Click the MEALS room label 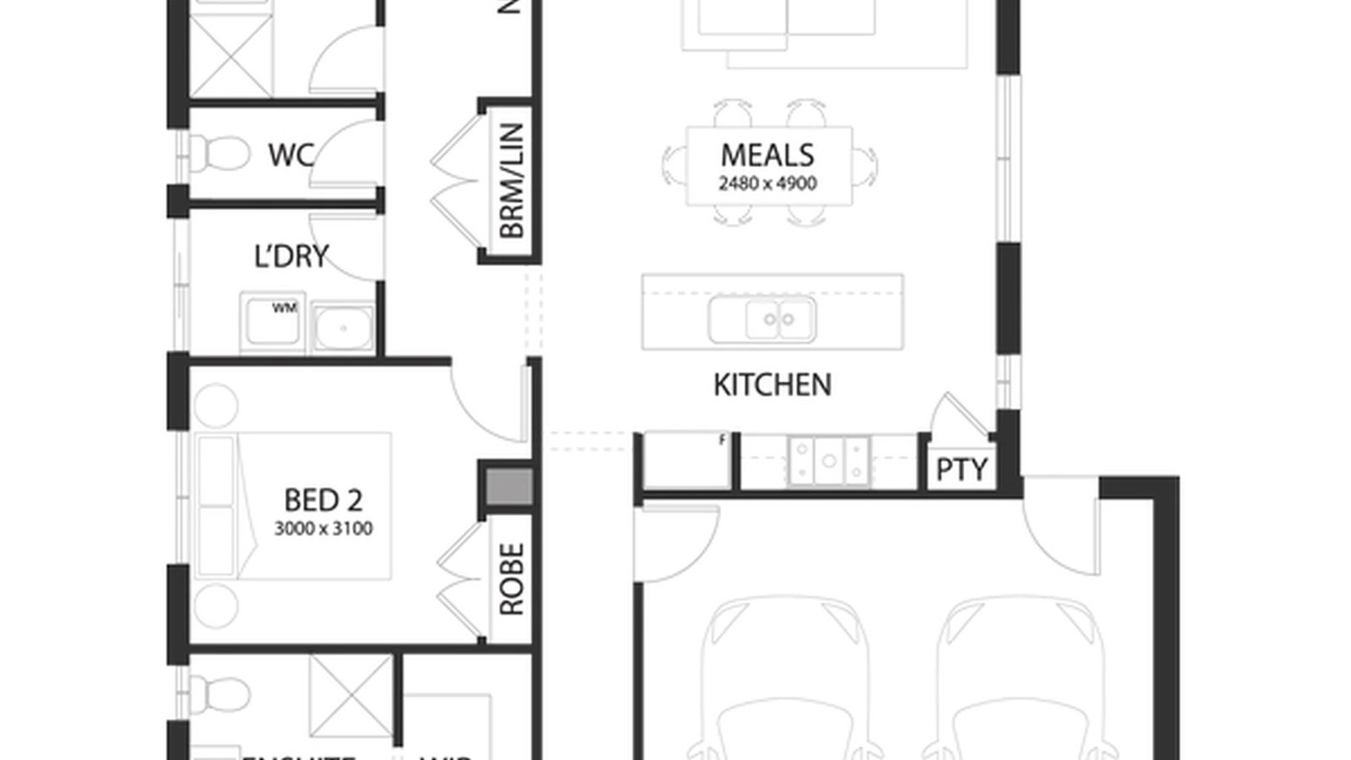pyautogui.click(x=768, y=155)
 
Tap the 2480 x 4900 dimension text pyautogui.click(x=768, y=183)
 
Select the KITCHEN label pyautogui.click(x=772, y=385)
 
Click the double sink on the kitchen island pyautogui.click(x=762, y=319)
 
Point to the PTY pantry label pyautogui.click(x=962, y=470)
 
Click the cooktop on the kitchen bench pyautogui.click(x=828, y=461)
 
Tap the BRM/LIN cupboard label pyautogui.click(x=512, y=180)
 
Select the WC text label pyautogui.click(x=290, y=155)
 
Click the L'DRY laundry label pyautogui.click(x=290, y=257)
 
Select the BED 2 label pyautogui.click(x=323, y=500)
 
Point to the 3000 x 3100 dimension pyautogui.click(x=323, y=529)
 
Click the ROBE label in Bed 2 pyautogui.click(x=512, y=578)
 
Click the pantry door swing pyautogui.click(x=958, y=414)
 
